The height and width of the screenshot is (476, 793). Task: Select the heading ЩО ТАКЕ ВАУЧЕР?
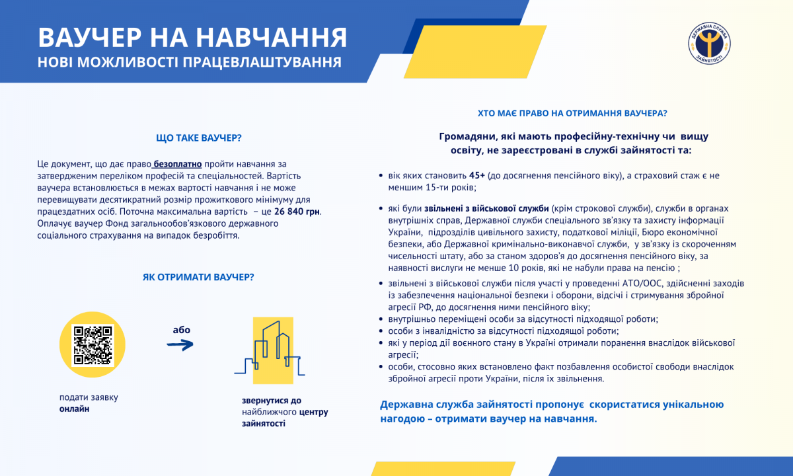198,138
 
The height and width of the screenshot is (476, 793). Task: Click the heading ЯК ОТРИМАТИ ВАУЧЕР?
198,276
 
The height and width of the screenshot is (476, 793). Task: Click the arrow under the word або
180,344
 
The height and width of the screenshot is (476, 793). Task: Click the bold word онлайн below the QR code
74,409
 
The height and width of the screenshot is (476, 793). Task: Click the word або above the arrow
181,329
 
